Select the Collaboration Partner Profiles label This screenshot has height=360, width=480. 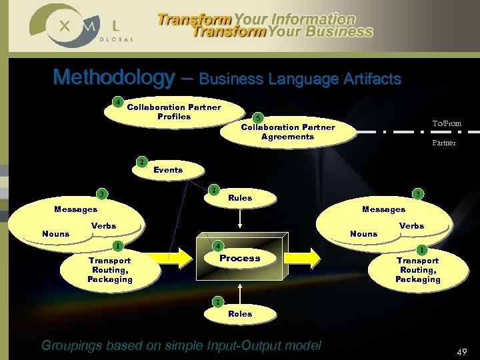point(174,111)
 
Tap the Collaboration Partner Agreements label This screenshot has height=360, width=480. point(287,132)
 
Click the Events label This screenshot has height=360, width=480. point(168,170)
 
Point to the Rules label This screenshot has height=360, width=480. point(240,197)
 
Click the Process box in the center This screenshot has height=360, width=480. point(240,258)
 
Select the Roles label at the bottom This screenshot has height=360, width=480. point(240,313)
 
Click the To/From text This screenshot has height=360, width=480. point(446,123)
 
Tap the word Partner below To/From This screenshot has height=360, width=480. point(444,143)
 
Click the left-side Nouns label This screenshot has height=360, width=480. point(55,234)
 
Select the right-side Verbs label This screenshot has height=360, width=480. point(411,226)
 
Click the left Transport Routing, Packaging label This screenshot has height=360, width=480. point(110,270)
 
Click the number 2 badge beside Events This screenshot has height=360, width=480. point(141,162)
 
